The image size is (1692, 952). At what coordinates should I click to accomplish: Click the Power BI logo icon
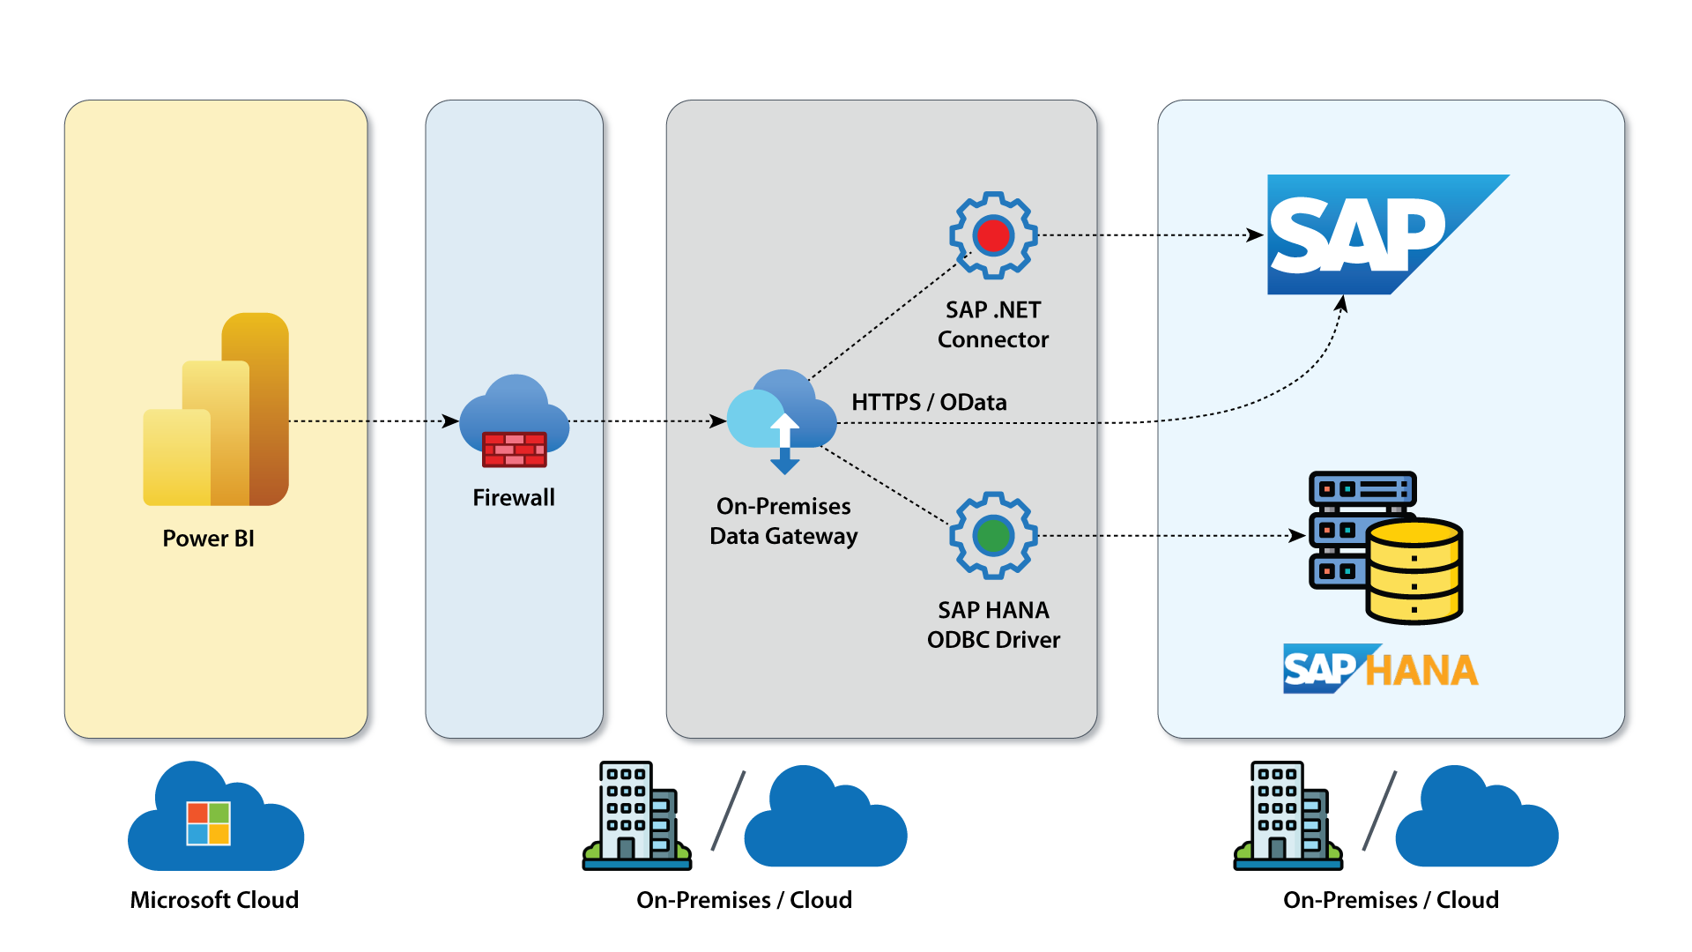click(x=216, y=410)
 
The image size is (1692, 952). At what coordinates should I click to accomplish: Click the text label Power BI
click(x=208, y=539)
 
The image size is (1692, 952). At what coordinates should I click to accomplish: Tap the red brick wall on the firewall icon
click(x=515, y=450)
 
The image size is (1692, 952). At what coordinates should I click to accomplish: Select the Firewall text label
click(x=514, y=498)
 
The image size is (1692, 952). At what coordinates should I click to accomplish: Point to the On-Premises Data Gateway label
click(x=783, y=521)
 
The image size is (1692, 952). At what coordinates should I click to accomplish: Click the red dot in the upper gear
click(x=993, y=235)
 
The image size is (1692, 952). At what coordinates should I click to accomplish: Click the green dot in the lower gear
click(x=993, y=535)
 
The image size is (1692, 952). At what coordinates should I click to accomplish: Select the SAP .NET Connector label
click(x=993, y=324)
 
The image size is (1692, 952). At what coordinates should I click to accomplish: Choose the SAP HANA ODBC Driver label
click(x=993, y=625)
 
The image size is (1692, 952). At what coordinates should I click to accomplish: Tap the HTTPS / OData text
click(x=929, y=402)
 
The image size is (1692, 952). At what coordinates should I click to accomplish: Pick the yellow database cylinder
click(x=1414, y=570)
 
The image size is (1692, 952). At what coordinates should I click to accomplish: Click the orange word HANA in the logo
click(x=1421, y=671)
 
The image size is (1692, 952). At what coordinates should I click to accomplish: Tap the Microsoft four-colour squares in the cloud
click(x=208, y=823)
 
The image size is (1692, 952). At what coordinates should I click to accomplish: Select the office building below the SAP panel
click(x=1288, y=814)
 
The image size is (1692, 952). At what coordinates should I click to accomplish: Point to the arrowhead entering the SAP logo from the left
click(x=1256, y=235)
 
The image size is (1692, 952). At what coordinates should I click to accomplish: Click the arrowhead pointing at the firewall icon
click(x=451, y=421)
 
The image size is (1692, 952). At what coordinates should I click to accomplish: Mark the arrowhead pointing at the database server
click(x=1297, y=535)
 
